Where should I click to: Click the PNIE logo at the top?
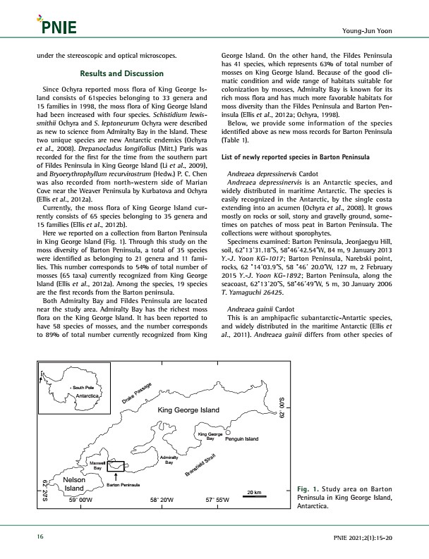pyautogui.click(x=56, y=25)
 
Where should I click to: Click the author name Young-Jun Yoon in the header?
pyautogui.click(x=367, y=30)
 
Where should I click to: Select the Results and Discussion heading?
pyautogui.click(x=121, y=73)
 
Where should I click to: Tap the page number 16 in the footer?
pyautogui.click(x=40, y=536)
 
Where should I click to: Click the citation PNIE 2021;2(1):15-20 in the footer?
pyautogui.click(x=363, y=538)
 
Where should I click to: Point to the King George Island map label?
pyautogui.click(x=188, y=410)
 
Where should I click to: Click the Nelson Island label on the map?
pyautogui.click(x=74, y=484)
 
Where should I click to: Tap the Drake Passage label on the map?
pyautogui.click(x=137, y=393)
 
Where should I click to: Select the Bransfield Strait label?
pyautogui.click(x=200, y=465)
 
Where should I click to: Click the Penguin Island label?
pyautogui.click(x=241, y=439)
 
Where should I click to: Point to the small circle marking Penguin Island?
pyautogui.click(x=228, y=432)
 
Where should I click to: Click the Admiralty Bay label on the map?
pyautogui.click(x=169, y=460)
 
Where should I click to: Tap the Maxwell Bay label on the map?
pyautogui.click(x=97, y=465)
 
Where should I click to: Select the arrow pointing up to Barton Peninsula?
pyautogui.click(x=116, y=477)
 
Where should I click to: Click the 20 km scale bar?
pyautogui.click(x=254, y=496)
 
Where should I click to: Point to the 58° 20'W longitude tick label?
pyautogui.click(x=162, y=500)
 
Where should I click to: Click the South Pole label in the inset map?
pyautogui.click(x=83, y=388)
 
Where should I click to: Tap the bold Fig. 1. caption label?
pyautogui.click(x=308, y=489)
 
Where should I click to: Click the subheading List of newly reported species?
pyautogui.click(x=296, y=157)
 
